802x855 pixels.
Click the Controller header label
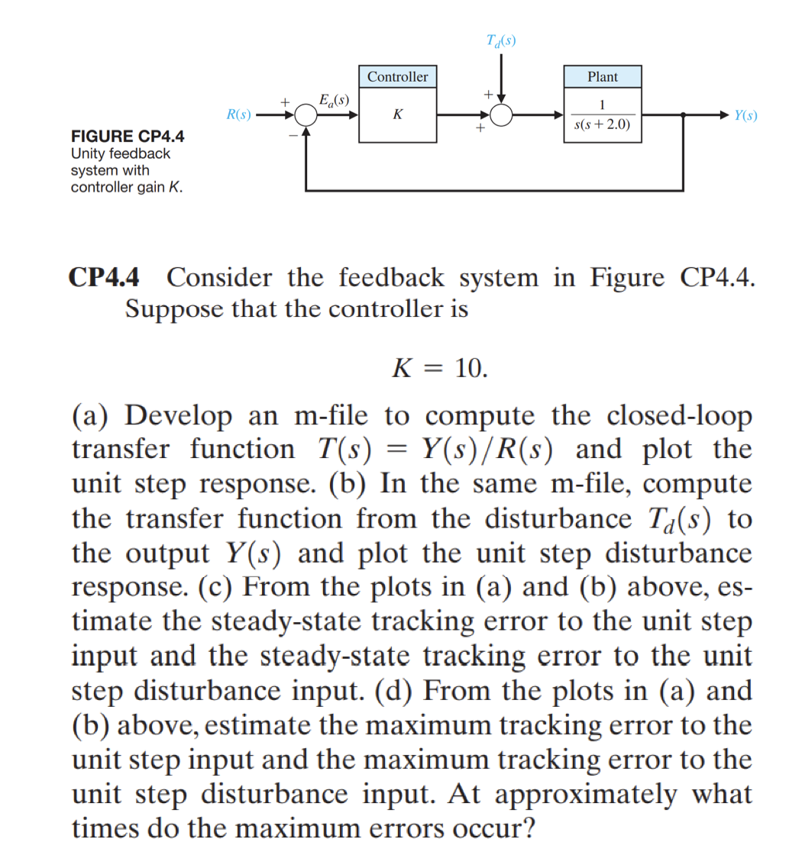click(397, 77)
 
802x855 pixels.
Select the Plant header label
click(603, 77)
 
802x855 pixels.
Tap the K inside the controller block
click(397, 115)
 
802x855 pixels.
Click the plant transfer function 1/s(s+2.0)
click(602, 115)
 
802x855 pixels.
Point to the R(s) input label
click(239, 115)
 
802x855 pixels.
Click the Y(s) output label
click(745, 116)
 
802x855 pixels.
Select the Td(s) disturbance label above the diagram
click(501, 40)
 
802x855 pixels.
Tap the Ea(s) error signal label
click(333, 99)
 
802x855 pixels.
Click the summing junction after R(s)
click(306, 116)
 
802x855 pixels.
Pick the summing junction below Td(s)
click(502, 116)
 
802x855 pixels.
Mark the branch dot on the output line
click(682, 116)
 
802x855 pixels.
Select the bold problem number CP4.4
click(105, 277)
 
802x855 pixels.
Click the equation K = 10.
click(438, 369)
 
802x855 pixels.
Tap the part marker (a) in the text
click(92, 416)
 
